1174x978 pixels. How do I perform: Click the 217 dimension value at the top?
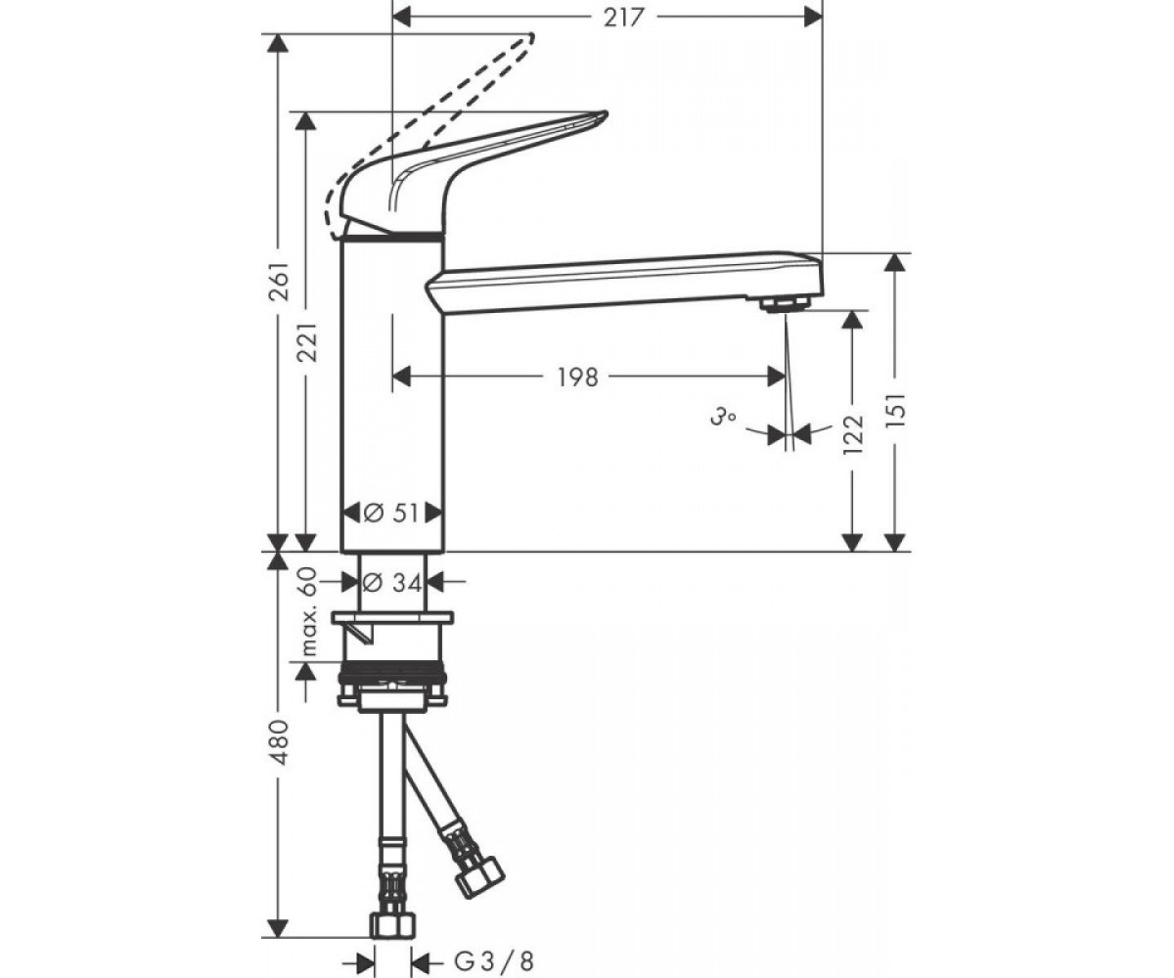(x=623, y=18)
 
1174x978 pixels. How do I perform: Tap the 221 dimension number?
(x=308, y=341)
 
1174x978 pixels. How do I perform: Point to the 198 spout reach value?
(x=577, y=378)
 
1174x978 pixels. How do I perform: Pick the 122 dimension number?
(x=852, y=434)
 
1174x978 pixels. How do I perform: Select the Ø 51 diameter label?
(x=391, y=512)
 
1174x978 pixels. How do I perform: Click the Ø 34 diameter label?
(x=392, y=583)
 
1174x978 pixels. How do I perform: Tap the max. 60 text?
(x=308, y=612)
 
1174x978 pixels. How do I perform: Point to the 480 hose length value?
(x=280, y=741)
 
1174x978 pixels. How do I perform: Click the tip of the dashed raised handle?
(x=529, y=36)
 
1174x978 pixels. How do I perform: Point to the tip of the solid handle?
(x=605, y=114)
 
